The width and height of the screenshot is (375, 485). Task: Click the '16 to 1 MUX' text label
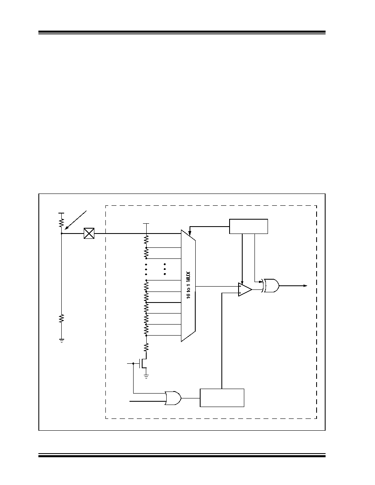point(189,285)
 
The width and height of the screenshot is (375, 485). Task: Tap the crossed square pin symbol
point(89,234)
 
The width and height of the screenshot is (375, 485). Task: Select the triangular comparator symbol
point(245,289)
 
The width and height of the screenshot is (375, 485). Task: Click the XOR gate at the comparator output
point(270,286)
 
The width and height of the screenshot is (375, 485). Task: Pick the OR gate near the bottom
point(173,398)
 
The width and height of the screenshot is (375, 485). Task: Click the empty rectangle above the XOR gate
point(248,227)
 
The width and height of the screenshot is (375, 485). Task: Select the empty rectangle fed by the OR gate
point(222,398)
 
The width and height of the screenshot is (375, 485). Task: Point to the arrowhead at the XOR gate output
point(305,286)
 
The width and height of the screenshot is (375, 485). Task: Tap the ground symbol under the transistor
point(146,376)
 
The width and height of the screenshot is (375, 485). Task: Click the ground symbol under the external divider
point(62,341)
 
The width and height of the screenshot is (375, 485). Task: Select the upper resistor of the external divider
point(62,222)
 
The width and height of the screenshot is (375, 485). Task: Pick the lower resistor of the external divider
point(62,318)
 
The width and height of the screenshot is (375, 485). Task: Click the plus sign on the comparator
point(240,293)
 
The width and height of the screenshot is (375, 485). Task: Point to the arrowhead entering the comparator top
point(243,283)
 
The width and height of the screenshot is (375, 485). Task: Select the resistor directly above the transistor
point(146,347)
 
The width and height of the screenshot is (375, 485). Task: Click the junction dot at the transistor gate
point(133,364)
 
